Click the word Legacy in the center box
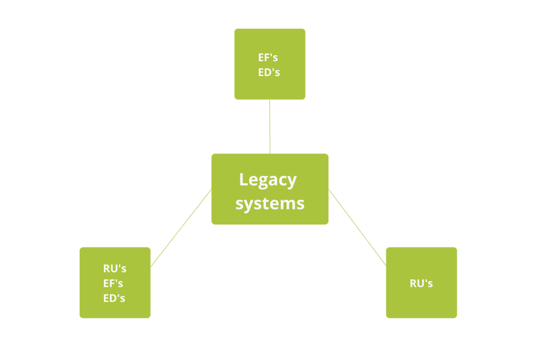point(268,179)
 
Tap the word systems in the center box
point(269,203)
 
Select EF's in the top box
point(269,58)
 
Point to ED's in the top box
point(269,73)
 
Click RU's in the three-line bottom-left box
point(115,268)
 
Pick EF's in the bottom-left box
point(114,283)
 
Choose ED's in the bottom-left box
point(114,298)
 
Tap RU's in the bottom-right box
point(421,283)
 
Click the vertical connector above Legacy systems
point(270,127)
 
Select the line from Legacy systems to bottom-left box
point(181,228)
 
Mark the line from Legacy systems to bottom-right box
point(358,227)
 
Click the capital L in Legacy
point(243,179)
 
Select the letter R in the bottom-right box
point(413,283)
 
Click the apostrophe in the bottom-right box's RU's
point(425,280)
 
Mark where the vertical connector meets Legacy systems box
point(270,153)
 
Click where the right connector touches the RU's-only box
point(386,265)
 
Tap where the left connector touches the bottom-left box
point(151,266)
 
